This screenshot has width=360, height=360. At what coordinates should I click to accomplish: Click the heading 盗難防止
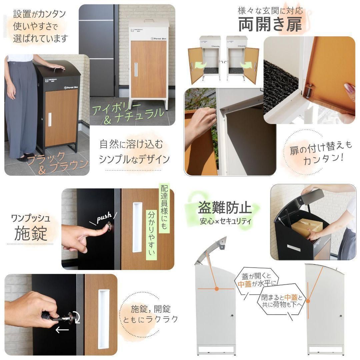(224, 208)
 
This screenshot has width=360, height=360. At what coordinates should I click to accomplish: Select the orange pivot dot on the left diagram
(217, 289)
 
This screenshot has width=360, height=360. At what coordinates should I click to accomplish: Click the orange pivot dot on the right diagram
(308, 301)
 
